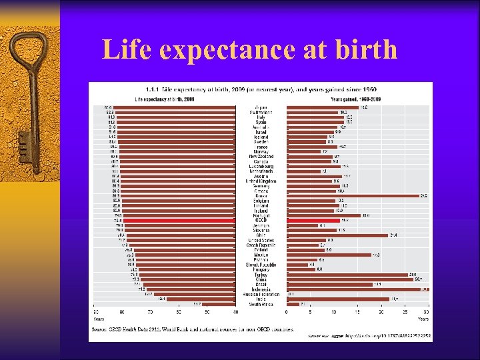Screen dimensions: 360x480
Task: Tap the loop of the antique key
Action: (x=30, y=57)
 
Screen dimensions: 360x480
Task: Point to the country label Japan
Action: (x=261, y=107)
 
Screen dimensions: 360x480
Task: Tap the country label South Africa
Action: (x=261, y=304)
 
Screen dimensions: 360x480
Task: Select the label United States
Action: (x=261, y=240)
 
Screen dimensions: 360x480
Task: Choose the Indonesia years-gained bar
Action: (x=357, y=289)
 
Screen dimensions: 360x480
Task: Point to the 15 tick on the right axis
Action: (x=357, y=312)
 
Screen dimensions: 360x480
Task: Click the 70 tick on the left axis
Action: (x=151, y=312)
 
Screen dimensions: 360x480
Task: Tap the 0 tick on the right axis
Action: (x=286, y=312)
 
